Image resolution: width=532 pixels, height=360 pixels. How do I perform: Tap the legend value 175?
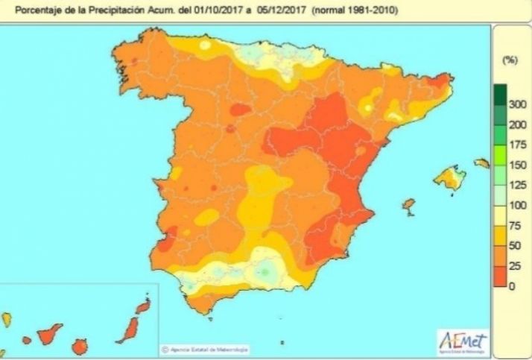click(514, 145)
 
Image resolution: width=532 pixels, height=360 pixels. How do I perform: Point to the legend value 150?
click(514, 165)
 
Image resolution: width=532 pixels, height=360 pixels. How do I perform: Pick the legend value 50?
click(514, 245)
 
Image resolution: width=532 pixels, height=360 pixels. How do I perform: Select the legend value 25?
click(514, 265)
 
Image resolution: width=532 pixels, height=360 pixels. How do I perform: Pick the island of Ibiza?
click(408, 204)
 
